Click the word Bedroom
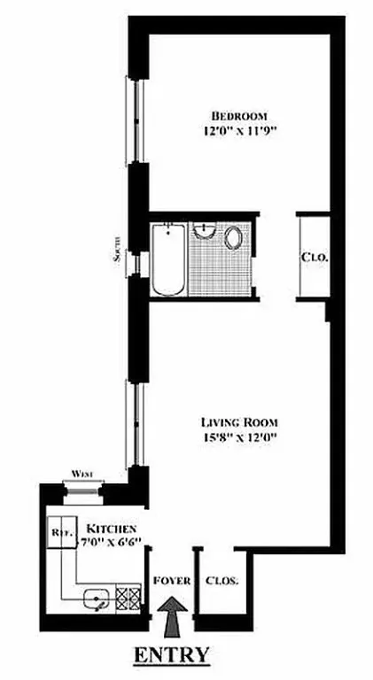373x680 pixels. point(237,116)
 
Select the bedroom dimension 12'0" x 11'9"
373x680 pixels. point(237,132)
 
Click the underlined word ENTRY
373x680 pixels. point(172,655)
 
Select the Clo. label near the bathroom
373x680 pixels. point(314,258)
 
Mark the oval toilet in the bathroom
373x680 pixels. point(235,239)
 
